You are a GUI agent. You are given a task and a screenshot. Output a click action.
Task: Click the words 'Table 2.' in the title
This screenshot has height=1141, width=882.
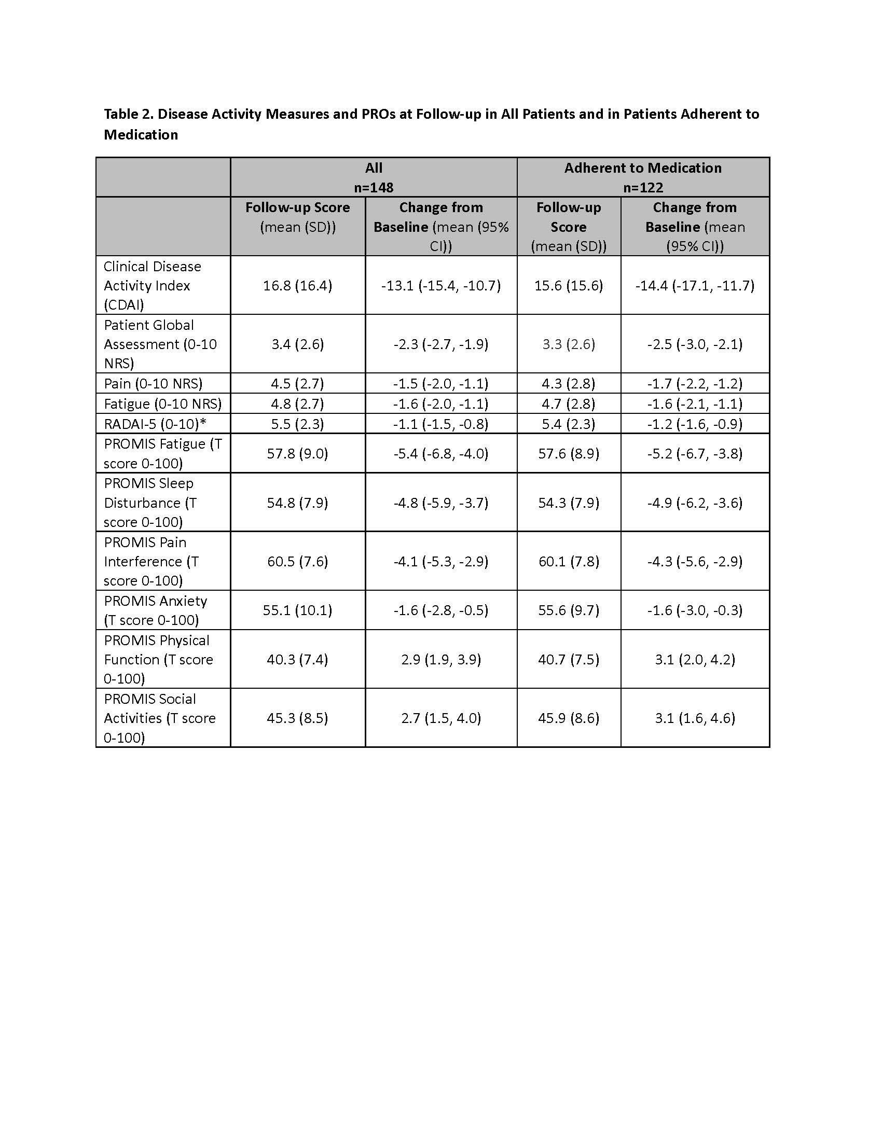tap(129, 114)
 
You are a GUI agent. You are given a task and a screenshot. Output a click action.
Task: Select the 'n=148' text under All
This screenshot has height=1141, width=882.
tap(374, 187)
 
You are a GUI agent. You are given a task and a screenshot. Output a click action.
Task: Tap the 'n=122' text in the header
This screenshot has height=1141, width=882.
tap(643, 187)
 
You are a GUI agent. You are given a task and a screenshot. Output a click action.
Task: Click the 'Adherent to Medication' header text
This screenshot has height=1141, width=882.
tap(643, 168)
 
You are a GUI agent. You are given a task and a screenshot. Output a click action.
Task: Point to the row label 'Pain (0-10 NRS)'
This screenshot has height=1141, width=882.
tap(153, 383)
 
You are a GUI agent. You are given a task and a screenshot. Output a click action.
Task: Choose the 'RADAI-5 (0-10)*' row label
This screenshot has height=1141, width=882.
tap(155, 424)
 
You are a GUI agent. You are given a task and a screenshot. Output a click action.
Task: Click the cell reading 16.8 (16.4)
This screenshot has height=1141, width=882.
tap(297, 285)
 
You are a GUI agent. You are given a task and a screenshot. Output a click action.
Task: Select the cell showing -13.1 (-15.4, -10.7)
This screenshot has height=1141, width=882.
tap(441, 285)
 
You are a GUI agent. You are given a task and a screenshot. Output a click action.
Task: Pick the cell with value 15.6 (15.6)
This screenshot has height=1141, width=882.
tap(569, 285)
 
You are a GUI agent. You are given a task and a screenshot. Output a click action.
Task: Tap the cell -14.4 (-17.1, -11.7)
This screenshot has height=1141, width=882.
tap(695, 285)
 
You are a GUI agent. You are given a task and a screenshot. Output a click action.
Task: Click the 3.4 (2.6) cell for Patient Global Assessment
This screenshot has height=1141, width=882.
tap(297, 344)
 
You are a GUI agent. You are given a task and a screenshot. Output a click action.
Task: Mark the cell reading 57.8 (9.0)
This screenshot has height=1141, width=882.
tap(297, 453)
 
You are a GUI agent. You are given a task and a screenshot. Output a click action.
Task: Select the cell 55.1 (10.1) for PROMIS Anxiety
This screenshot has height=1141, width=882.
tap(297, 610)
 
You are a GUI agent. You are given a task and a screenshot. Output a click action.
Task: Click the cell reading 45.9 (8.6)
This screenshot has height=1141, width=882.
tap(569, 718)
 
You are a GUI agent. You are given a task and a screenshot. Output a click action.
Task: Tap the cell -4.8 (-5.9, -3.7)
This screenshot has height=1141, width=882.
tap(441, 503)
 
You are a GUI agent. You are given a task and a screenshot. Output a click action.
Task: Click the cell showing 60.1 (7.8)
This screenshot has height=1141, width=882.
tap(569, 561)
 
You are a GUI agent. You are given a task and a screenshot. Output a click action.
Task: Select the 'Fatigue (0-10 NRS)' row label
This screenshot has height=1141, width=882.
tap(162, 404)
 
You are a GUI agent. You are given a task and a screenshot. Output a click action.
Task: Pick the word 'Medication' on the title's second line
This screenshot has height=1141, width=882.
tap(141, 135)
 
